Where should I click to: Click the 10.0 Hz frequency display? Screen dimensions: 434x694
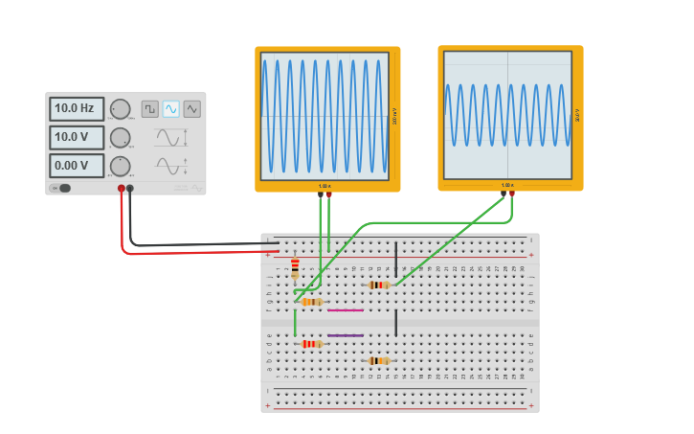click(76, 108)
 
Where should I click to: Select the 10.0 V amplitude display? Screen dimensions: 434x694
click(76, 137)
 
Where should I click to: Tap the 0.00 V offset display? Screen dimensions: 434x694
click(76, 166)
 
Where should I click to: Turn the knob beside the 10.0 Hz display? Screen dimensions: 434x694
click(120, 108)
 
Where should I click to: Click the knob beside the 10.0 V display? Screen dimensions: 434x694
click(120, 137)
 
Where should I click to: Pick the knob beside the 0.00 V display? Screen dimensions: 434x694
click(120, 166)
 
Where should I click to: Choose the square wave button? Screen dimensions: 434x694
click(149, 109)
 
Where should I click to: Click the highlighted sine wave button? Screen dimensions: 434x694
click(170, 109)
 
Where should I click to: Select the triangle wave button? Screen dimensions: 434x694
click(192, 109)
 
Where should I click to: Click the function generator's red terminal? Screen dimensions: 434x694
click(122, 189)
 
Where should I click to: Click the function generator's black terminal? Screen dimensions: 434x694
click(130, 189)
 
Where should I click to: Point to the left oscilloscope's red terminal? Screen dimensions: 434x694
click(329, 194)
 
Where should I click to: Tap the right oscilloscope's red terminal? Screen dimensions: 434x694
click(512, 194)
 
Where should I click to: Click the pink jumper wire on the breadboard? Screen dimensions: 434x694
click(345, 310)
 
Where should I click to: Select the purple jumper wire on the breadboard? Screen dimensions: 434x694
click(345, 335)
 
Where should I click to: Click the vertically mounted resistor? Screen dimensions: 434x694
click(295, 267)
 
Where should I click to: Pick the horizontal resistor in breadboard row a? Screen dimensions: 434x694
click(379, 361)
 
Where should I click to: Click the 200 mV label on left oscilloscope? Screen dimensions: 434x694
click(394, 117)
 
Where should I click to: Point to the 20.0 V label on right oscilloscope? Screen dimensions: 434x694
click(577, 115)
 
